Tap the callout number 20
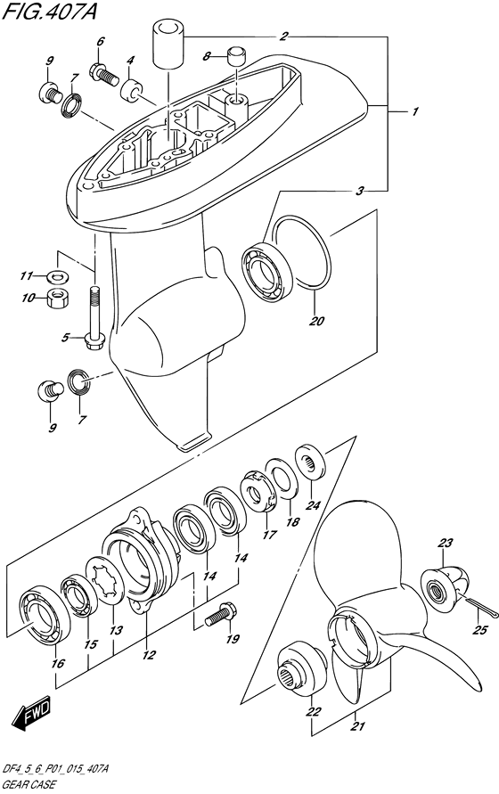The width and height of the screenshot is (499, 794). point(316,321)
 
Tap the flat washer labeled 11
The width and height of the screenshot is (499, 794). point(58,276)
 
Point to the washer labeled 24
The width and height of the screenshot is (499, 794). point(310,462)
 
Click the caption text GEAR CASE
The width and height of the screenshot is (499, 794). point(29,785)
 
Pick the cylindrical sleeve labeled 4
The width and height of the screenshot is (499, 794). point(132,90)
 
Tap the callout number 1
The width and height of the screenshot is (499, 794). point(415,111)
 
